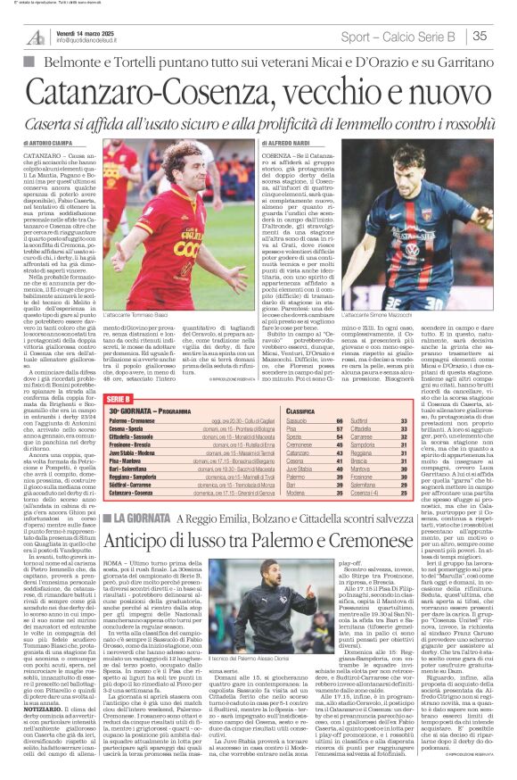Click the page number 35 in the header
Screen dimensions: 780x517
pos(478,37)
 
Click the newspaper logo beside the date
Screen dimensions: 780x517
pos(35,37)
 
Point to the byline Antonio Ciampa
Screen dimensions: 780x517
pos(49,142)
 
